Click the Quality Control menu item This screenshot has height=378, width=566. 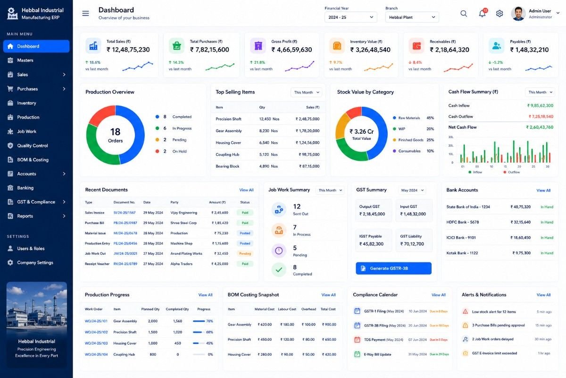(x=33, y=146)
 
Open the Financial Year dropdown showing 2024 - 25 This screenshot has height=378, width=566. (x=351, y=17)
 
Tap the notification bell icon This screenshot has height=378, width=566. (x=482, y=13)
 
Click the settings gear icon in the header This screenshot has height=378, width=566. (x=499, y=13)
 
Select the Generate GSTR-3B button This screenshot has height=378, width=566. (x=393, y=268)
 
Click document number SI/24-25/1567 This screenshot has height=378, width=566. (x=125, y=213)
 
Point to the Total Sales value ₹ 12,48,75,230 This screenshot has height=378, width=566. (x=128, y=50)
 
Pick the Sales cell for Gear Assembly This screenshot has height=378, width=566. (x=308, y=131)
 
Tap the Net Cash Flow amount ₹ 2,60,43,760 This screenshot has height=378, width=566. (x=540, y=127)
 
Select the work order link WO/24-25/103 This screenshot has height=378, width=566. (x=96, y=344)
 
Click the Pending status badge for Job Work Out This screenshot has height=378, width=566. (x=245, y=253)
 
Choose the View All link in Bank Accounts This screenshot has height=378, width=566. (x=543, y=190)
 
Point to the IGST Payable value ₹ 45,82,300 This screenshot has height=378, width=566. (x=371, y=244)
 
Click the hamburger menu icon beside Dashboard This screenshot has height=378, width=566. (x=85, y=13)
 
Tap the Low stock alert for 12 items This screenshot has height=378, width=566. (x=494, y=312)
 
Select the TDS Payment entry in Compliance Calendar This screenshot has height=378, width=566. (x=383, y=340)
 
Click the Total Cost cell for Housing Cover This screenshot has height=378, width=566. (x=329, y=354)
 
